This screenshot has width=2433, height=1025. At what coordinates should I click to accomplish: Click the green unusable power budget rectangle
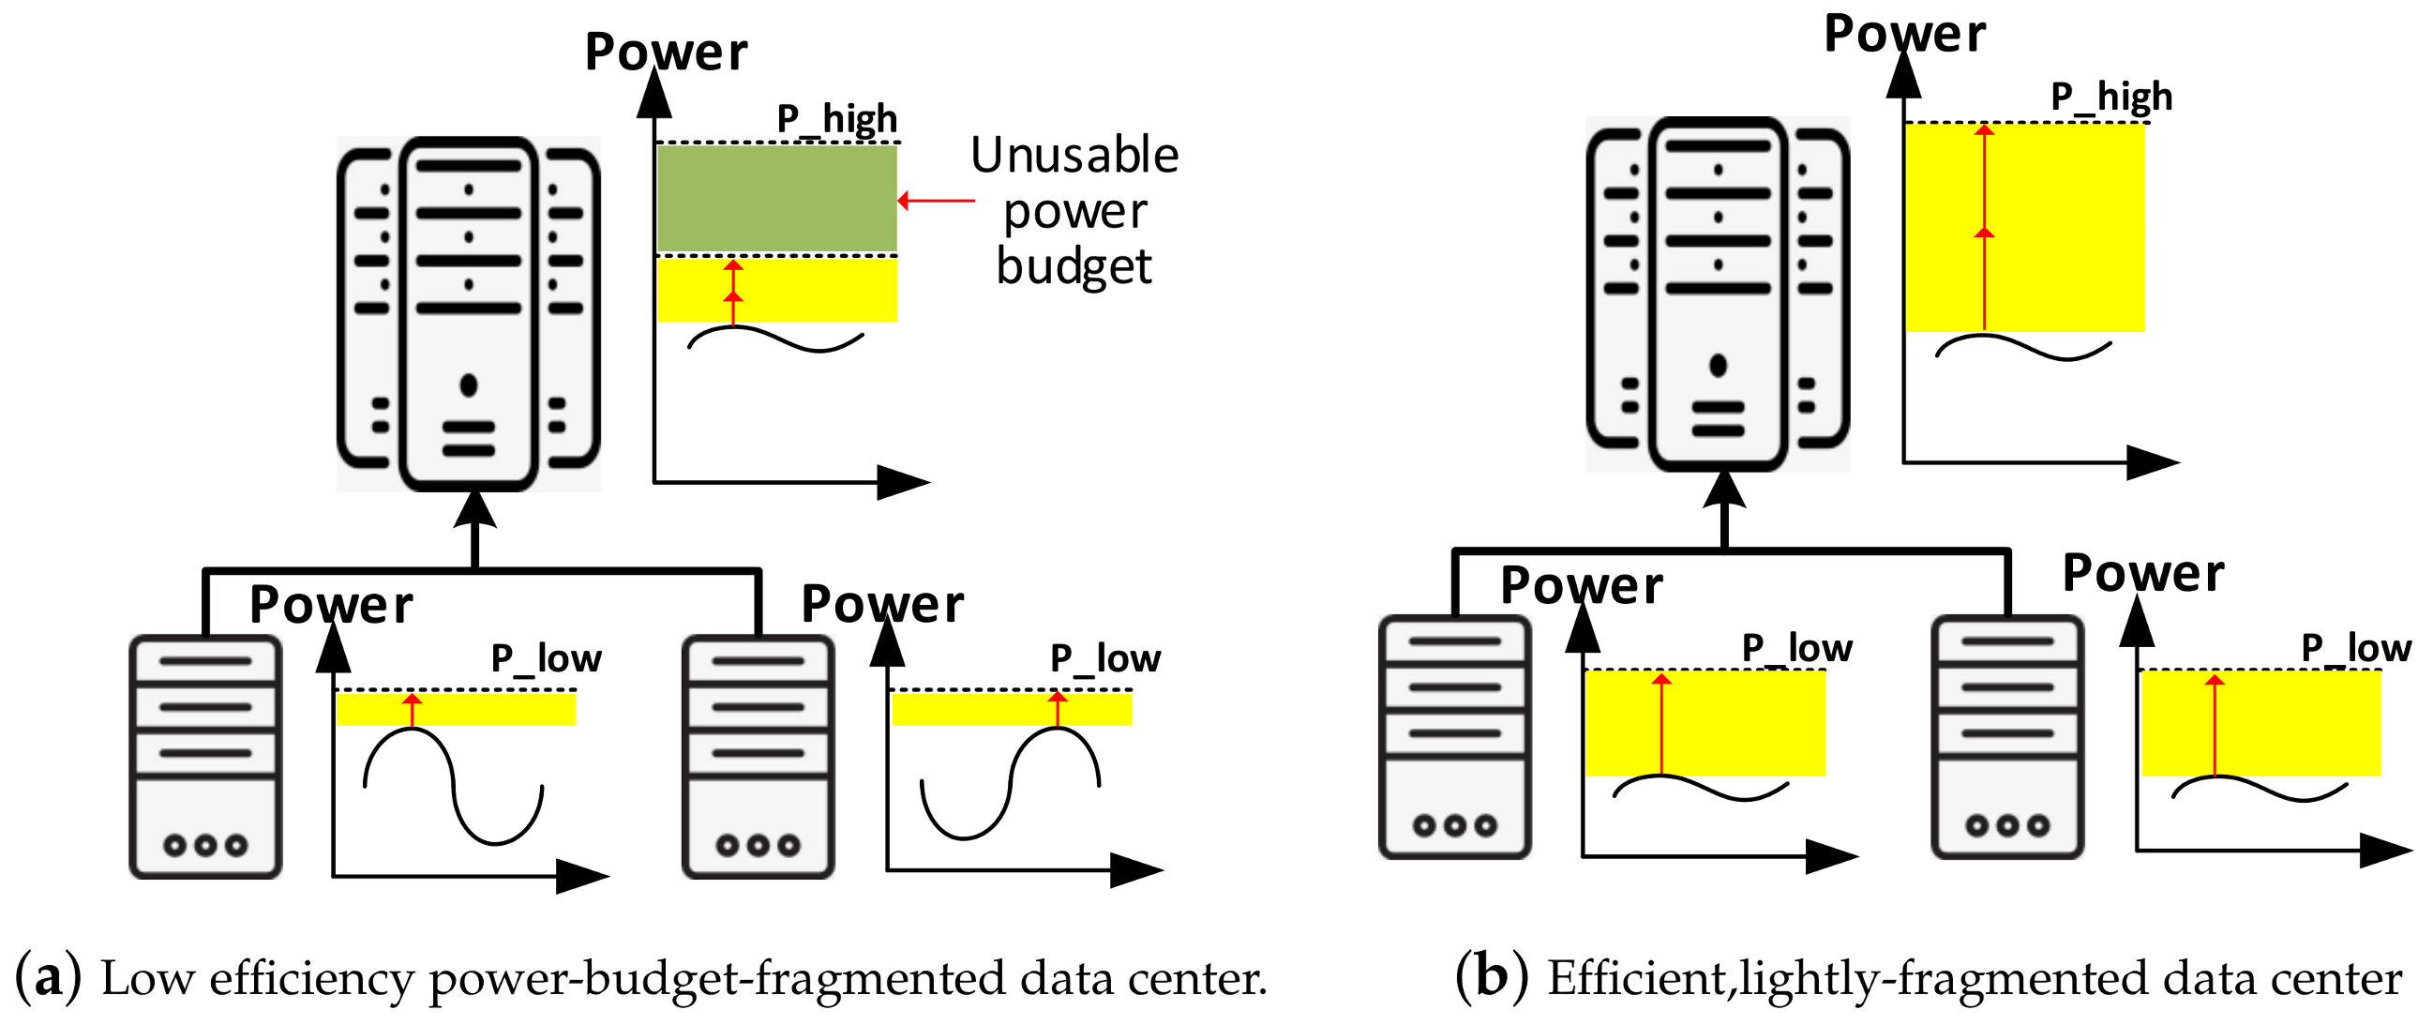[x=776, y=198]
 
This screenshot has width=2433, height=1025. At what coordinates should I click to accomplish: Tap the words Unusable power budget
[x=1074, y=210]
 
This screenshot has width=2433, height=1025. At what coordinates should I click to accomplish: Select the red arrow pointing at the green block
[x=935, y=201]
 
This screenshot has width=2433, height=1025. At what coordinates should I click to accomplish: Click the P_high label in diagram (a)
[x=837, y=119]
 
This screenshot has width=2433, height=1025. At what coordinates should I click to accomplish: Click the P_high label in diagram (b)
[x=2110, y=97]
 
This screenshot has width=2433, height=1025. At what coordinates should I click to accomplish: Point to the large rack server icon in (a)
[x=469, y=313]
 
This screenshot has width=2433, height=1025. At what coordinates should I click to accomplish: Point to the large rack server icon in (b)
[x=1717, y=294]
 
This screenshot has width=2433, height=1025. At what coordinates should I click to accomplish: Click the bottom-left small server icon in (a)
[x=206, y=757]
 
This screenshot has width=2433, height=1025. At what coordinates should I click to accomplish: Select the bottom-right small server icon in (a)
[x=758, y=757]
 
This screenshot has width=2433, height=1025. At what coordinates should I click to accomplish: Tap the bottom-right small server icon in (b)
[x=2007, y=737]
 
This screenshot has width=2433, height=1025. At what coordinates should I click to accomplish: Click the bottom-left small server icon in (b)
[x=1454, y=737]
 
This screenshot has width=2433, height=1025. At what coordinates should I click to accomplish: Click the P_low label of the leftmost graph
[x=546, y=657]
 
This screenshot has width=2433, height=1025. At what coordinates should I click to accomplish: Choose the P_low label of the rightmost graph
[x=2355, y=648]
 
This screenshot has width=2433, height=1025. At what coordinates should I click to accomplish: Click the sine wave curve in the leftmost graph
[x=454, y=784]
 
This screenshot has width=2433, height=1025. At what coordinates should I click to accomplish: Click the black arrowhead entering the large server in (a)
[x=474, y=510]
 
